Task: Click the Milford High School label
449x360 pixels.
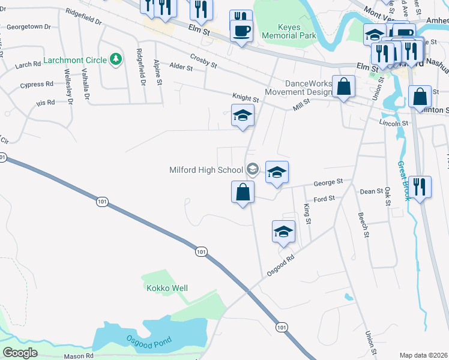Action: (x=205, y=170)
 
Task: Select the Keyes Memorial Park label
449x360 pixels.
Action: (x=289, y=31)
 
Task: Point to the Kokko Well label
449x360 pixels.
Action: (x=167, y=288)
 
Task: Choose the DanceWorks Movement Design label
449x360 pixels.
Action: (x=299, y=88)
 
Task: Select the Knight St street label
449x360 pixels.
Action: (x=246, y=96)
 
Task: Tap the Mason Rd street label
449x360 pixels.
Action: (x=79, y=356)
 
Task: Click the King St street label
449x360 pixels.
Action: (x=307, y=214)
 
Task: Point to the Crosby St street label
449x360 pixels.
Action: (x=203, y=58)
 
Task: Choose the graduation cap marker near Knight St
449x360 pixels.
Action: (x=243, y=115)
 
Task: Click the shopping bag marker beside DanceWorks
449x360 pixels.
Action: (x=343, y=86)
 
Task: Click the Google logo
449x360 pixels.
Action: (x=20, y=353)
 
